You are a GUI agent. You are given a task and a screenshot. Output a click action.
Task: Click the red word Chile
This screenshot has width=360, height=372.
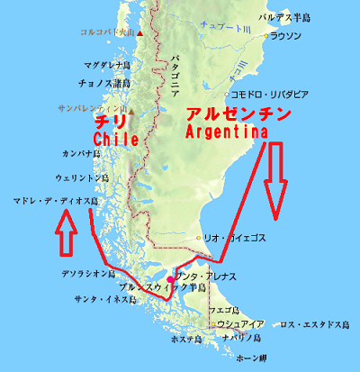[x=115, y=141]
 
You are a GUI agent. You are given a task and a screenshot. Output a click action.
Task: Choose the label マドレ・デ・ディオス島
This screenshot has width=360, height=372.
[x=55, y=202]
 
